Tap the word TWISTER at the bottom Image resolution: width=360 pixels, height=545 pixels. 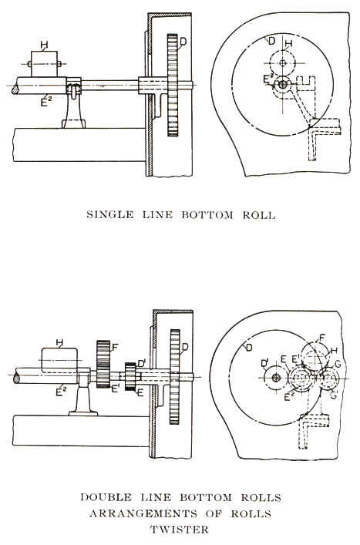pos(180,530)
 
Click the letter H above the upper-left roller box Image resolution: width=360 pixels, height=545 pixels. pos(44,45)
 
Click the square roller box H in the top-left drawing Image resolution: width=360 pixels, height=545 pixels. pos(45,64)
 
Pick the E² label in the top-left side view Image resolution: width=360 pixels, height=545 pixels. pos(44,101)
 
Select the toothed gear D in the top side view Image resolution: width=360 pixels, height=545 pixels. pos(173,85)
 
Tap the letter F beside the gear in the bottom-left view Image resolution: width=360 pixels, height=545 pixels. pos(116,347)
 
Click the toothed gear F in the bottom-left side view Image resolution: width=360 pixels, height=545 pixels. pos(103,364)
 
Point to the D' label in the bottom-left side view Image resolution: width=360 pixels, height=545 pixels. pos(141,364)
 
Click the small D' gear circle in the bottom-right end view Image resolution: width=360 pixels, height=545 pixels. pos(276,378)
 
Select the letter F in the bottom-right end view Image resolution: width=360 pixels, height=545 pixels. pos(322,338)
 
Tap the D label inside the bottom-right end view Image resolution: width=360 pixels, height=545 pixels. pos(249,347)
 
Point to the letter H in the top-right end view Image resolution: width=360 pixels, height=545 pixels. pos(288,43)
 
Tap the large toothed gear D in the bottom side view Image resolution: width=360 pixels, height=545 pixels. pos(175,377)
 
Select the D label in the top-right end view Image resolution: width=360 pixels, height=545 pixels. pos(272,41)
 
